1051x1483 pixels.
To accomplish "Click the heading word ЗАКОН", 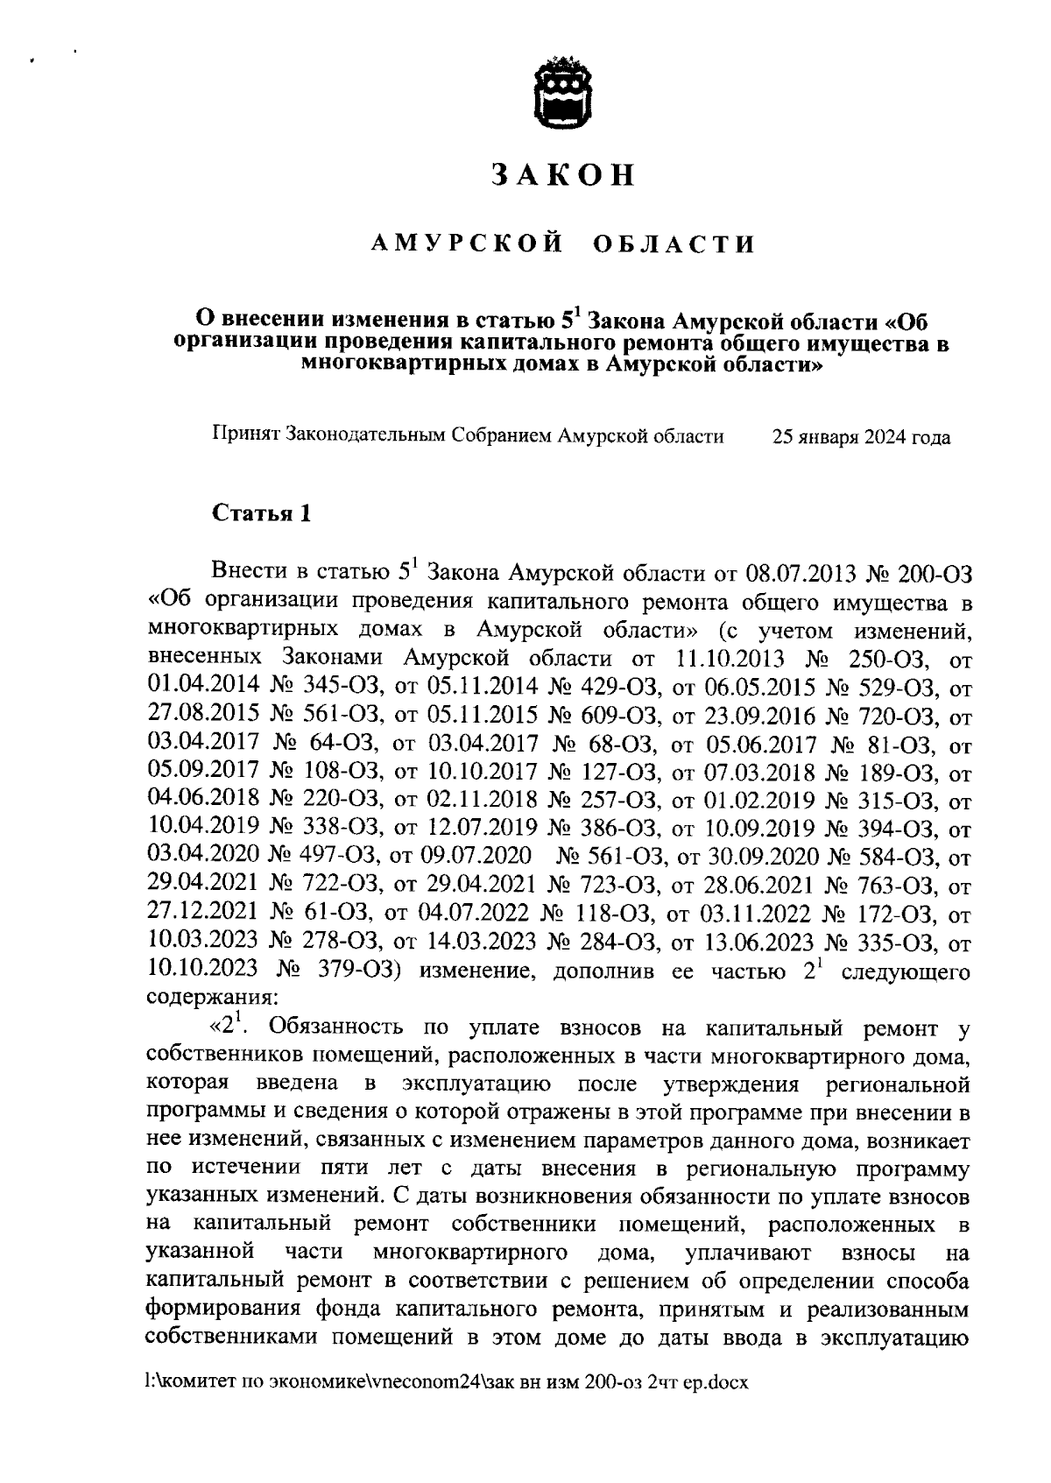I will pyautogui.click(x=562, y=174).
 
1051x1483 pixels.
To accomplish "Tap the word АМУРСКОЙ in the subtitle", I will pyautogui.click(x=465, y=244).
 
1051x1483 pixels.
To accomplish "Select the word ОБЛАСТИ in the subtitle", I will pyautogui.click(x=674, y=244).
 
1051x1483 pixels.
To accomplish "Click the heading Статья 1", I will pyautogui.click(x=262, y=513).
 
